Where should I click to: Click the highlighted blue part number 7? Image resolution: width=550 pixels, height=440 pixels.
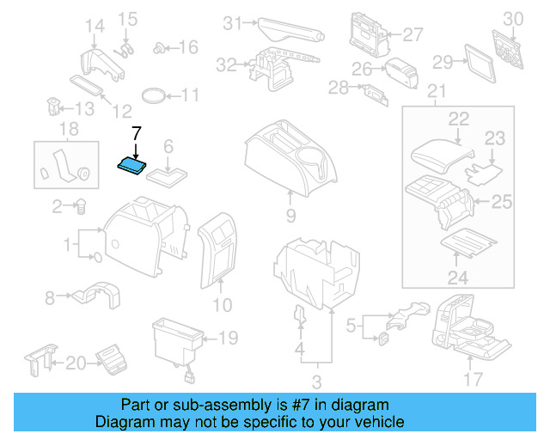(x=131, y=164)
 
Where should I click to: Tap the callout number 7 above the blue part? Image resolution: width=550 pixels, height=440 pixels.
(x=135, y=133)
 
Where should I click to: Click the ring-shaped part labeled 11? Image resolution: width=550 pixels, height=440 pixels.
(x=154, y=95)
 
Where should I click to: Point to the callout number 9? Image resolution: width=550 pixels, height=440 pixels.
(x=290, y=215)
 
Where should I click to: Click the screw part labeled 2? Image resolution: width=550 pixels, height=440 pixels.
(x=81, y=206)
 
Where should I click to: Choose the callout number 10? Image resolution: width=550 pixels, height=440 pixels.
(x=222, y=304)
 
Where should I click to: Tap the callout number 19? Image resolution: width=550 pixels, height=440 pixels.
(x=227, y=338)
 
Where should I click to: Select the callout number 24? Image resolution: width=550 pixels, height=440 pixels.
(x=457, y=278)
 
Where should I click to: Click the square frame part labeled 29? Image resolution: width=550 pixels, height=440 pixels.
(x=474, y=62)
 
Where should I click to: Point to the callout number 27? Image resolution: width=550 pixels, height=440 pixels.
(x=413, y=34)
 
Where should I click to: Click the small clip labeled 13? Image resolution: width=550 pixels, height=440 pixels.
(x=52, y=109)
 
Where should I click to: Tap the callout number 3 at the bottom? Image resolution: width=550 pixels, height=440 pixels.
(x=315, y=381)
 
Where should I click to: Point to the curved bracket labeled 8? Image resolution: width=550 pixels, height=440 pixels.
(x=93, y=294)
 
